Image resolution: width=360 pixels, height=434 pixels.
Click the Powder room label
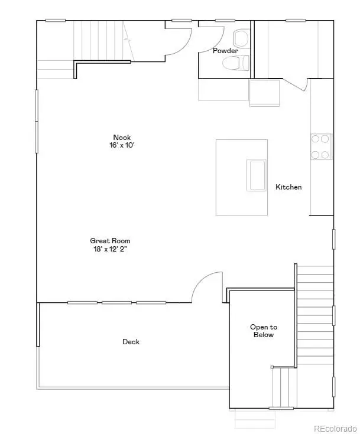[x=225, y=51]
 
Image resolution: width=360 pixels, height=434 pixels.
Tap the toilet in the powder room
[x=235, y=63]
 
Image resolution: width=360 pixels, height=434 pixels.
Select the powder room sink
[x=241, y=38]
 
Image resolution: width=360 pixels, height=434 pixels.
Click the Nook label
[x=122, y=137]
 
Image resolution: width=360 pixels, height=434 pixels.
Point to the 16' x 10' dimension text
[x=122, y=145]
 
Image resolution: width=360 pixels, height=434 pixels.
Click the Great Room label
[x=110, y=241]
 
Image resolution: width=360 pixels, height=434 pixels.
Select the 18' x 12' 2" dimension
[x=110, y=249]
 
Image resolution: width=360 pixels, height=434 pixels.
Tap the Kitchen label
[x=288, y=187]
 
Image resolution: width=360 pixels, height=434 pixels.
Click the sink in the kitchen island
[x=257, y=175]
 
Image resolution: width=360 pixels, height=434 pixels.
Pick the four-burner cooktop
[x=321, y=146]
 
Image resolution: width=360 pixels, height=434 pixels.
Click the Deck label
[x=131, y=342]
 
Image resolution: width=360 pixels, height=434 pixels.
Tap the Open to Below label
[x=264, y=331]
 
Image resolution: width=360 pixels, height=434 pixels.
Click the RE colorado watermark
[x=335, y=429]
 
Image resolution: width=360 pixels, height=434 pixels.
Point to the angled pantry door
[x=294, y=84]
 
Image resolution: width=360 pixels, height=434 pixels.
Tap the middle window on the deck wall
[x=116, y=302]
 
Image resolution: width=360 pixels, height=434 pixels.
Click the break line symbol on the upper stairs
[x=128, y=40]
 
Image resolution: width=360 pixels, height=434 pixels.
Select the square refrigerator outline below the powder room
[x=265, y=93]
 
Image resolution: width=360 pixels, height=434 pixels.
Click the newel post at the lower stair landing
[x=272, y=367]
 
